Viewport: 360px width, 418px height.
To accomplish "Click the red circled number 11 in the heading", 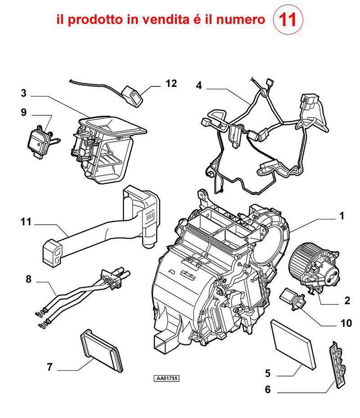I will [288, 20].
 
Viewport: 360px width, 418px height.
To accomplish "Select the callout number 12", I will [171, 84].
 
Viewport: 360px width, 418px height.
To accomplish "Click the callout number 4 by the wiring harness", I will [199, 86].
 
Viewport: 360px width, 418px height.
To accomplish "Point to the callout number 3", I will [23, 94].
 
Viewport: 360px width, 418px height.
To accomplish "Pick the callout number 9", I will [23, 113].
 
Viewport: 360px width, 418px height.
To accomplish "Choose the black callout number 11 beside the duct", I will [26, 222].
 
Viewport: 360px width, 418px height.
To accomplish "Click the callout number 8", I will [28, 279].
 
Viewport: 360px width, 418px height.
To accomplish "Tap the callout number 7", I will [49, 368].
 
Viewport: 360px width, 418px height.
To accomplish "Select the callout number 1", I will [342, 216].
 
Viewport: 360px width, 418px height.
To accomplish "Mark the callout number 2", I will [347, 300].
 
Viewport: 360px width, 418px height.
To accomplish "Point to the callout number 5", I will [267, 373].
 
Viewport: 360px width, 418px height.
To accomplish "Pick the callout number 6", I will [267, 390].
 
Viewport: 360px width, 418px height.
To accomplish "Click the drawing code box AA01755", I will [166, 378].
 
